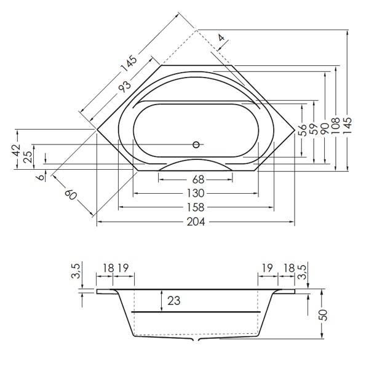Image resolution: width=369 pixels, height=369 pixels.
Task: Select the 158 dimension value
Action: (196, 207)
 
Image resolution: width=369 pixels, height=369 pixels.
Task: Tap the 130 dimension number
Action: (196, 193)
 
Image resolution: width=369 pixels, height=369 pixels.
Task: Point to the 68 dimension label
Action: (196, 180)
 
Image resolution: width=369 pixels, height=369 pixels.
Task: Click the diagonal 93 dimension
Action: (125, 85)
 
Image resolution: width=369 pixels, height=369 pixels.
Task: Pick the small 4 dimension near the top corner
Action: (222, 38)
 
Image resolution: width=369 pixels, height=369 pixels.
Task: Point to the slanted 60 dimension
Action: (71, 195)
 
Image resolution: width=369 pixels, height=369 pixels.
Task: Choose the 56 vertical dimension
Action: (302, 130)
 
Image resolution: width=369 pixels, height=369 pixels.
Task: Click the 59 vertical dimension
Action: (313, 130)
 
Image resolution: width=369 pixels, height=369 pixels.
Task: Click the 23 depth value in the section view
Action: (175, 301)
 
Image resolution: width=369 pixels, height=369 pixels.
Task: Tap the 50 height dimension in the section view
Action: (323, 314)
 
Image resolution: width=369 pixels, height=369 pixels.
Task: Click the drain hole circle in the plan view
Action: (197, 145)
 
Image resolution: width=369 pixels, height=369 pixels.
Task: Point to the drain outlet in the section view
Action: (196, 339)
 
